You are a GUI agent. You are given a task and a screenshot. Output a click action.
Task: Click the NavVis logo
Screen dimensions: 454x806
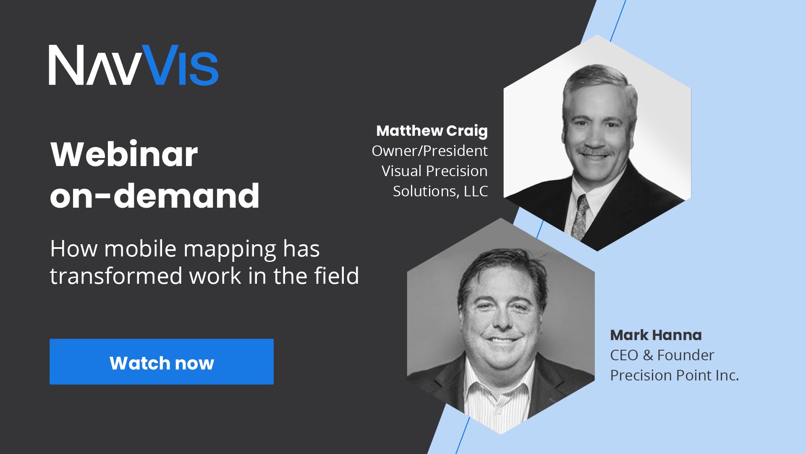click(x=133, y=65)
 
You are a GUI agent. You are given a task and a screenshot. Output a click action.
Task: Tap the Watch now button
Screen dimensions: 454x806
click(x=162, y=362)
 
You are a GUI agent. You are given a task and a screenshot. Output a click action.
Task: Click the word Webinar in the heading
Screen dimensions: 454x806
click(x=124, y=154)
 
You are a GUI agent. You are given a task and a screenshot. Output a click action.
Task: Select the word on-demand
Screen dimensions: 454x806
click(x=154, y=195)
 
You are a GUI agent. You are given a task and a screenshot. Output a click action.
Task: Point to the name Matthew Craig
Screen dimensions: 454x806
click(x=432, y=131)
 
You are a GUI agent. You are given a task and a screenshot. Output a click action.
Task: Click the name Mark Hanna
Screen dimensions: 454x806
click(x=656, y=335)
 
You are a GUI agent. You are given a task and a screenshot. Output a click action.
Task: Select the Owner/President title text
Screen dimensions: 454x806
click(x=429, y=150)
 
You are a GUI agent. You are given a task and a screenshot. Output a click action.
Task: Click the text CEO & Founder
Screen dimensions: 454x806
click(x=662, y=355)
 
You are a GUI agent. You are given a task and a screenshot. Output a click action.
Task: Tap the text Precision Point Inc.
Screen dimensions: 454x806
click(x=674, y=375)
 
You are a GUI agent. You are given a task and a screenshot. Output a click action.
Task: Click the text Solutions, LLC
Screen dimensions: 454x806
click(x=440, y=191)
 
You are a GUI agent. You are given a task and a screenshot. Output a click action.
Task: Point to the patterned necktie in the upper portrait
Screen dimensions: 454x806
click(x=581, y=219)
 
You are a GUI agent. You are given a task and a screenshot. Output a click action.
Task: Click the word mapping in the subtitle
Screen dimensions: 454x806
click(x=230, y=250)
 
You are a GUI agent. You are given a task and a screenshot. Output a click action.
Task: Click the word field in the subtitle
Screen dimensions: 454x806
click(x=337, y=276)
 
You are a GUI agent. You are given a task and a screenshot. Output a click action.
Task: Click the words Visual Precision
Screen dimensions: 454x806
click(x=434, y=171)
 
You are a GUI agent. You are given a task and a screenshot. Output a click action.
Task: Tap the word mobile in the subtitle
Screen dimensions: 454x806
click(x=140, y=249)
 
